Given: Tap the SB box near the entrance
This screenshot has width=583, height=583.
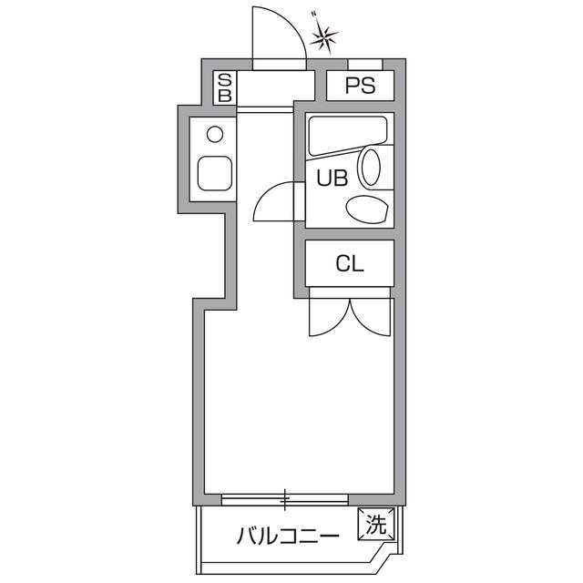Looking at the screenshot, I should [x=225, y=88].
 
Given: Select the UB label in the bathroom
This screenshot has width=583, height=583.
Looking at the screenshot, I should [x=332, y=179].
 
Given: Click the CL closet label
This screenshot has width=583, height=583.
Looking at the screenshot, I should [x=350, y=264].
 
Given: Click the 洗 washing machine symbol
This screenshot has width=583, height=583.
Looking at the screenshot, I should [x=376, y=524].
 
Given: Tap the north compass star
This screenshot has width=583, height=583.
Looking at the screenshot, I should [x=323, y=36].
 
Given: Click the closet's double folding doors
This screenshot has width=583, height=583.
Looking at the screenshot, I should [x=350, y=314].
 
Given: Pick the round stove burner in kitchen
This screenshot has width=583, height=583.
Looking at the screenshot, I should [x=215, y=135].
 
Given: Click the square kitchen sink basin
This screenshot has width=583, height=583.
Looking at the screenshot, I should [x=215, y=172].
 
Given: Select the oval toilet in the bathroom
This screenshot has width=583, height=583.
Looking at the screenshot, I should [x=371, y=168].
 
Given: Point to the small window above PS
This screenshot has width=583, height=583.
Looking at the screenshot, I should [x=365, y=63].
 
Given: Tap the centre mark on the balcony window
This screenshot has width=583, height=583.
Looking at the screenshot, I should [x=285, y=499].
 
